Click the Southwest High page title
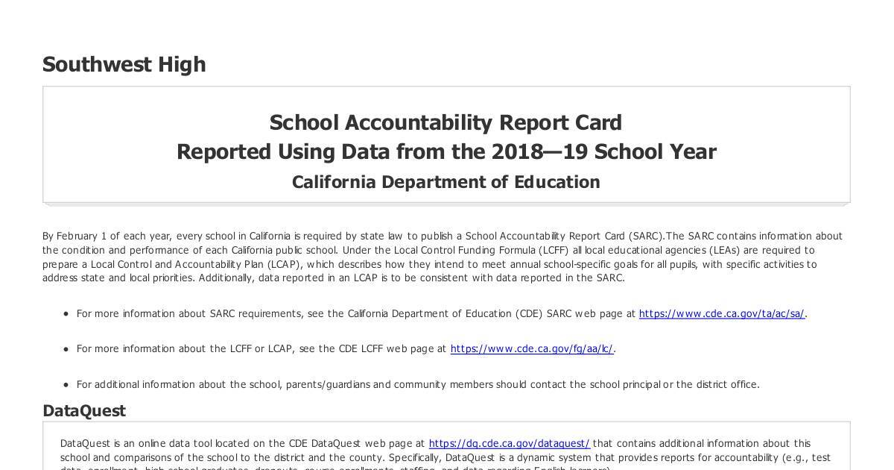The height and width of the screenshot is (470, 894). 124,65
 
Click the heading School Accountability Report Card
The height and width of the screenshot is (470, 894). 446,122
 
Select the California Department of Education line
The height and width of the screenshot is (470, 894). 446,183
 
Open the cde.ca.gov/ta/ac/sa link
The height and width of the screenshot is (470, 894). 721,314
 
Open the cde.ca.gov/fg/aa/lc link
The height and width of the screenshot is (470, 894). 532,349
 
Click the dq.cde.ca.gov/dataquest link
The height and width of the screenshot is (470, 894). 509,444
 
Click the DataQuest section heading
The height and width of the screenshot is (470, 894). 83,411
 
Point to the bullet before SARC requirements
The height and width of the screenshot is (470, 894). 66,314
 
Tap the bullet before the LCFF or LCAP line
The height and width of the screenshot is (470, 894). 66,349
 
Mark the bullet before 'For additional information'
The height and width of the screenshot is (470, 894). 66,385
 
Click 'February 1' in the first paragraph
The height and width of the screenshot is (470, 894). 81,236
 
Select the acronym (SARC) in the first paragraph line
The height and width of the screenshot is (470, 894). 646,236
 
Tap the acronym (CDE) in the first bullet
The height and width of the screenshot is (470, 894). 528,314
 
